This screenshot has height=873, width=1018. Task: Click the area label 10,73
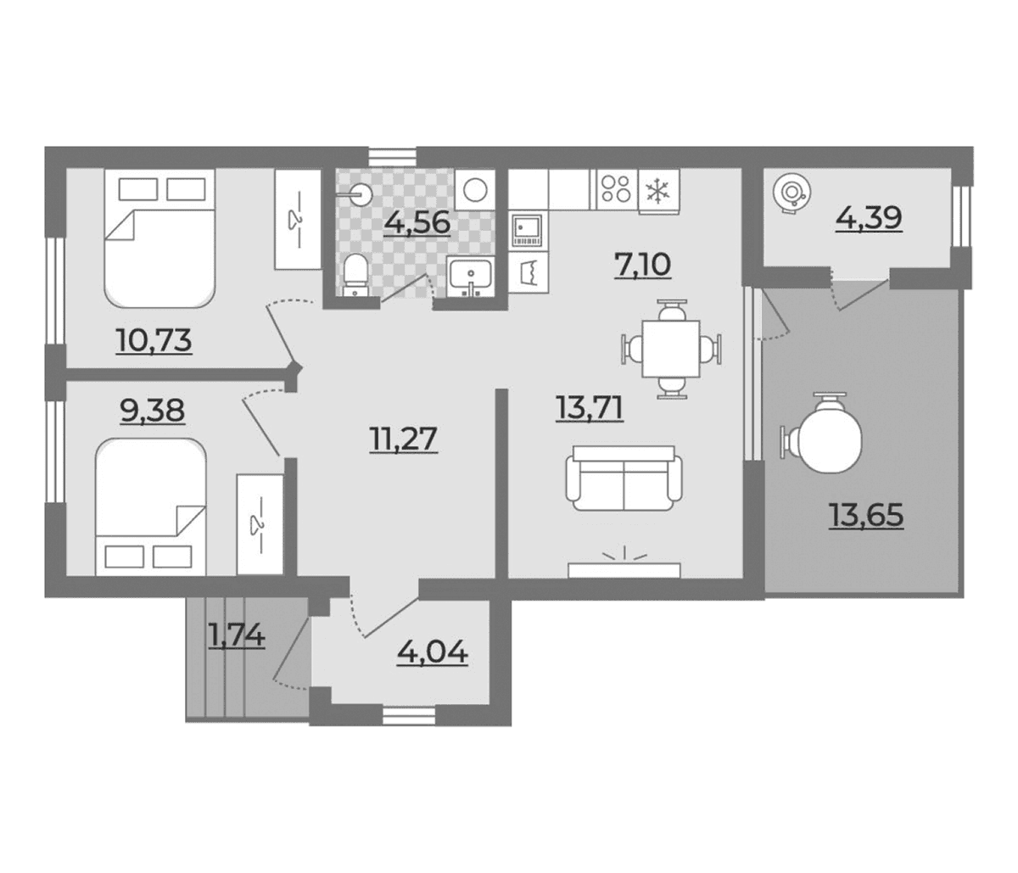pyautogui.click(x=154, y=340)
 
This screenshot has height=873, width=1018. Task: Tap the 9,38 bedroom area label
pyautogui.click(x=153, y=411)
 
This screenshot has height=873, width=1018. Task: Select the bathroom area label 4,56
pyautogui.click(x=417, y=222)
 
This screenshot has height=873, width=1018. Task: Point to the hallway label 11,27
pyautogui.click(x=403, y=439)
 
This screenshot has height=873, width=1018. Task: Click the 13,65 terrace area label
pyautogui.click(x=866, y=516)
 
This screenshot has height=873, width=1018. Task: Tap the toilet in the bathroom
pyautogui.click(x=355, y=276)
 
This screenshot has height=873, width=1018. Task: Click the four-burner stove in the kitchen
pyautogui.click(x=617, y=189)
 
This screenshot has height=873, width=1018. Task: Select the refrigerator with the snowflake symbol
pyautogui.click(x=658, y=192)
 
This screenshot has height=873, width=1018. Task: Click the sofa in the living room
pyautogui.click(x=624, y=478)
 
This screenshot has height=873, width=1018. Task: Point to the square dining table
pyautogui.click(x=671, y=349)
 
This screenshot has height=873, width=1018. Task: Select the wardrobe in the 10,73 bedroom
pyautogui.click(x=298, y=220)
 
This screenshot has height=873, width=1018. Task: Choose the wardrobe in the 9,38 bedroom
pyautogui.click(x=260, y=524)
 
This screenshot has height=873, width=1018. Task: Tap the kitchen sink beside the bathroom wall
pyautogui.click(x=528, y=230)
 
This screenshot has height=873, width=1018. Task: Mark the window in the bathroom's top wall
pyautogui.click(x=393, y=157)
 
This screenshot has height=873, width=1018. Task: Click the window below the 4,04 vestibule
pyautogui.click(x=409, y=716)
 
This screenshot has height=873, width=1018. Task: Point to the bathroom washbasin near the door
pyautogui.click(x=470, y=277)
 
